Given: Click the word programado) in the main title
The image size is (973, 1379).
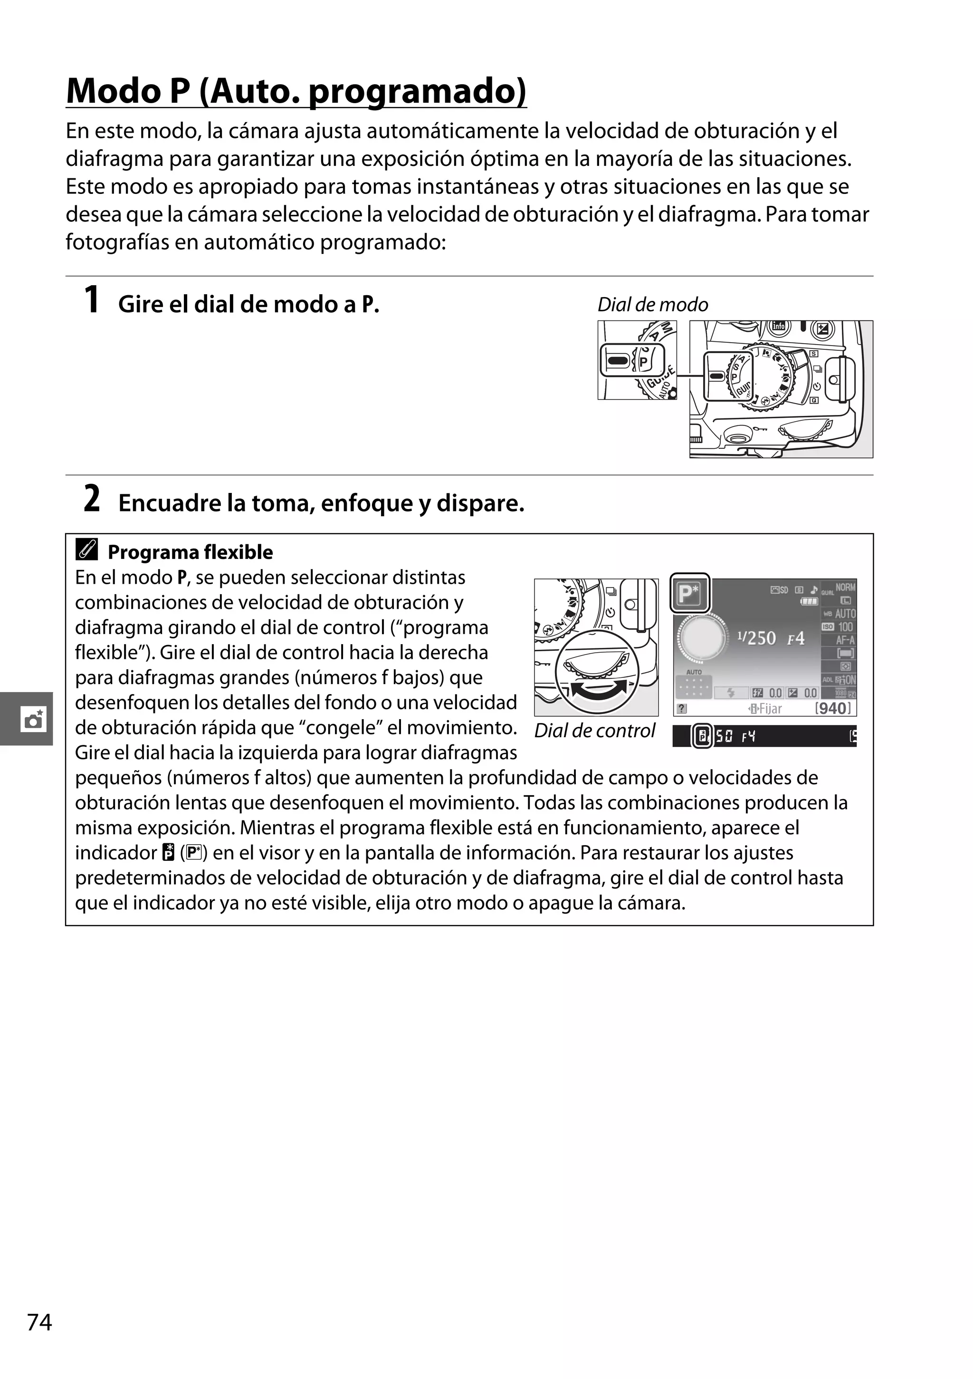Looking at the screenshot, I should tap(417, 91).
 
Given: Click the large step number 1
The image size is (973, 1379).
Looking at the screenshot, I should tap(91, 300).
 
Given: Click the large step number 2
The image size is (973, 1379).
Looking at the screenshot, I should tap(91, 499).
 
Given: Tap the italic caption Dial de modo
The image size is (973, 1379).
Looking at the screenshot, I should tap(652, 305).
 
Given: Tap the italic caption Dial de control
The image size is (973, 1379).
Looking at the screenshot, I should tap(594, 731).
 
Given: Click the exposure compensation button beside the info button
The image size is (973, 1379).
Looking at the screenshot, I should tap(822, 328).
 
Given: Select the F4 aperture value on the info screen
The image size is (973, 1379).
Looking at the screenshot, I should tap(795, 638).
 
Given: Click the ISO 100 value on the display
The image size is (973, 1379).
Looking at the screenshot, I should tap(845, 627).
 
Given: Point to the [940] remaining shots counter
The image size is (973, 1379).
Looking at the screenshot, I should tap(833, 708).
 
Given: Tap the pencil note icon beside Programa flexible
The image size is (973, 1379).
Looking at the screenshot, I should tap(87, 550).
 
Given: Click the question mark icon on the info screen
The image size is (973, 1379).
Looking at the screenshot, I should tap(681, 709).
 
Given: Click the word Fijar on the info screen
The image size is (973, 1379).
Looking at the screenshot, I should tap(770, 709).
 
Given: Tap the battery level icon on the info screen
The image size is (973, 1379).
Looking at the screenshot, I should tap(809, 601).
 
